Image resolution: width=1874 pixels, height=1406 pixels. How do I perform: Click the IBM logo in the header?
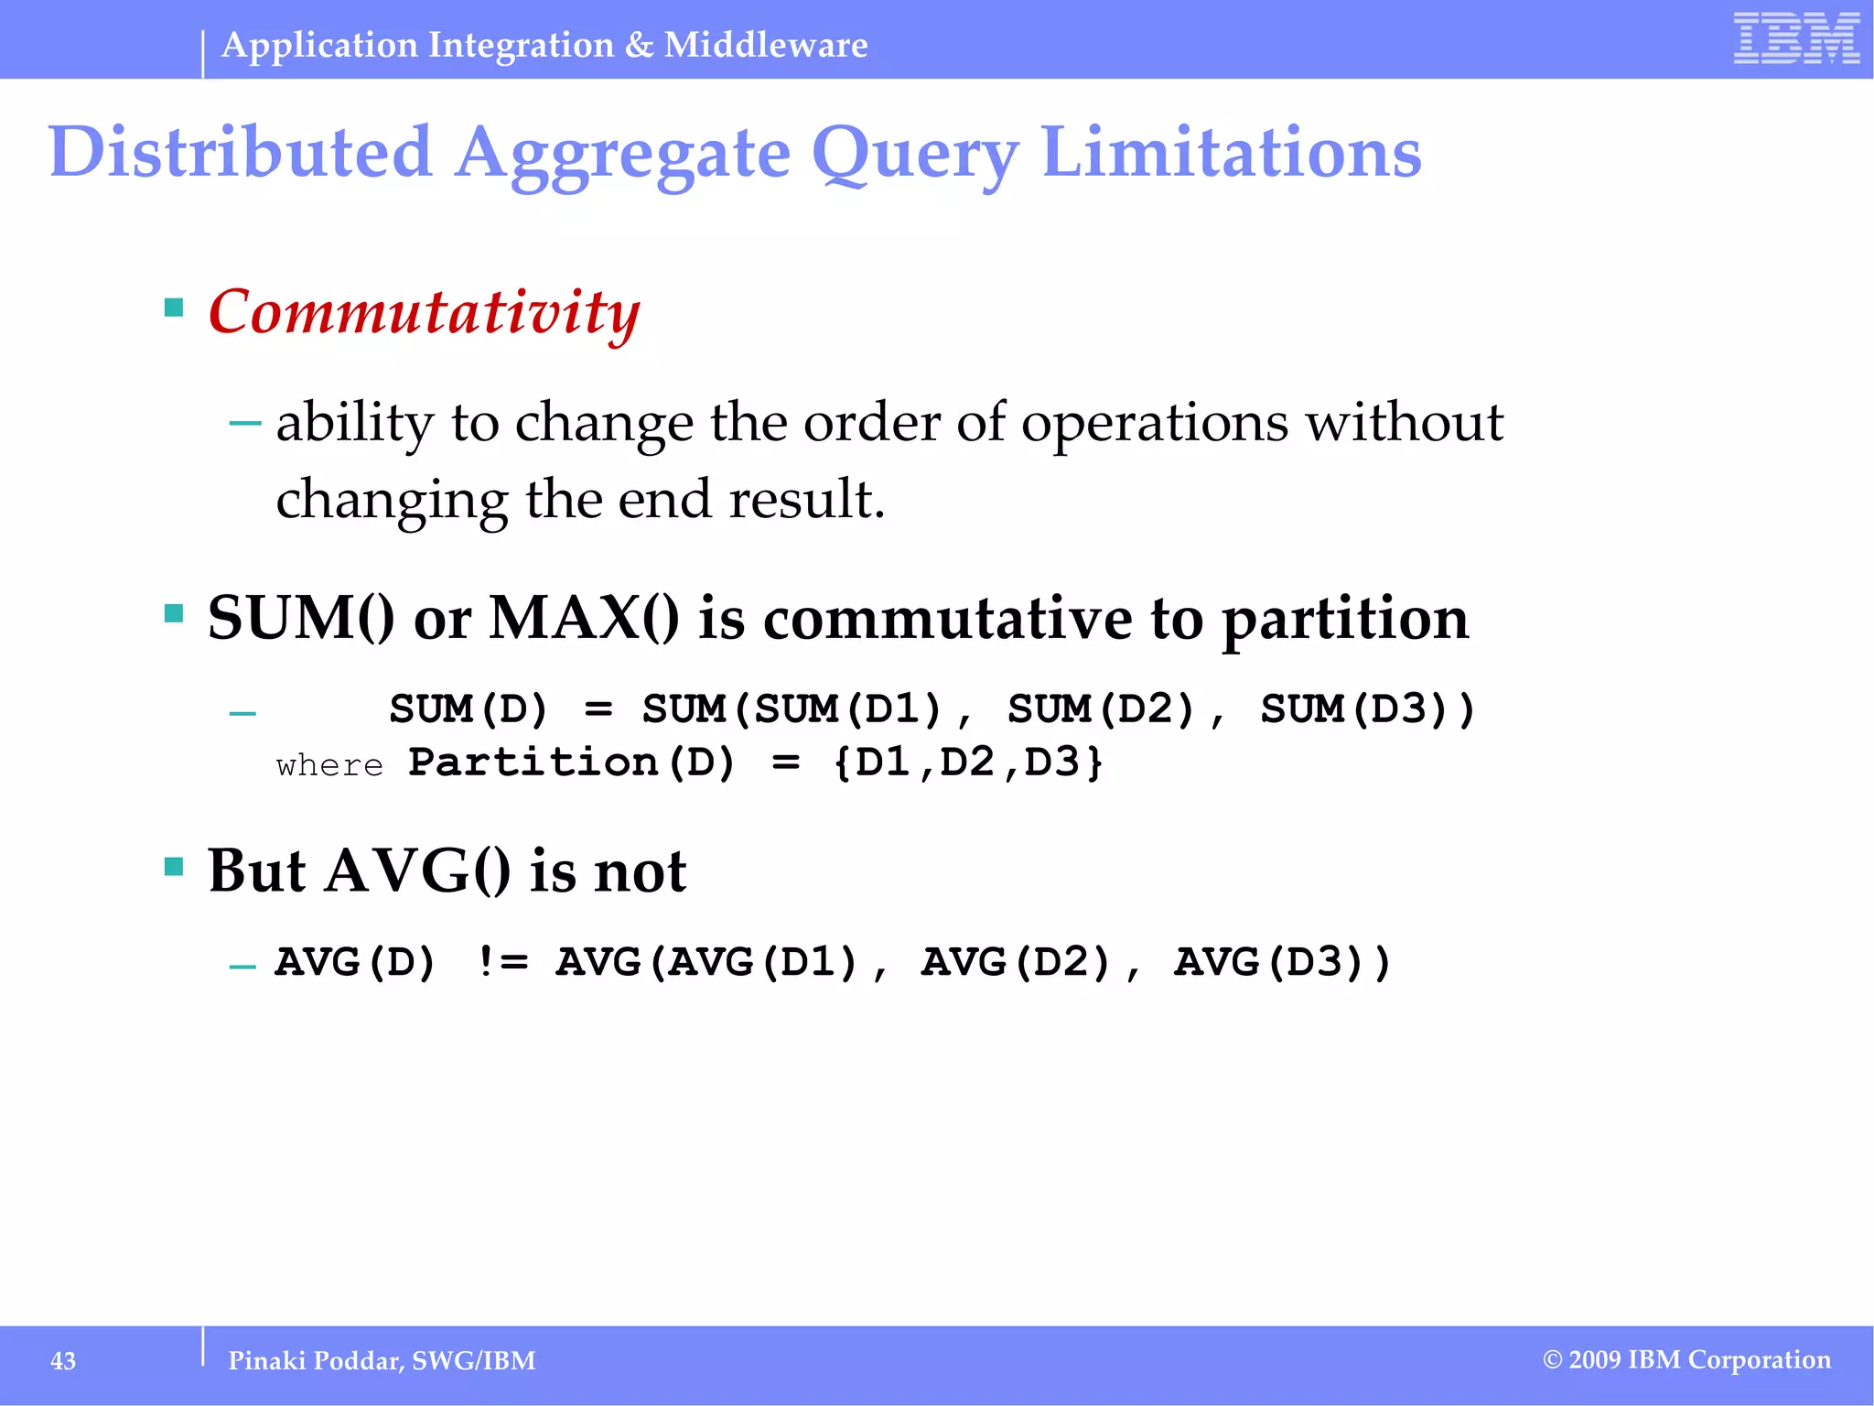tap(1796, 38)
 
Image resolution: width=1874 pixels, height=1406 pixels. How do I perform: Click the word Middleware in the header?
tap(766, 45)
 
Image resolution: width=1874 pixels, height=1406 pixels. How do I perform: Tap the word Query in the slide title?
tap(914, 154)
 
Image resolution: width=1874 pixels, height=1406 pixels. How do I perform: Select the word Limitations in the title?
tap(1231, 152)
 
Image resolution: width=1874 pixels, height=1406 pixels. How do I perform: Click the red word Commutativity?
tap(424, 312)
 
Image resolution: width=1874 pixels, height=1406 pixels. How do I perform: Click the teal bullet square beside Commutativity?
tap(174, 307)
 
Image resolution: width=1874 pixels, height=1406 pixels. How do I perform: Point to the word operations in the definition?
tap(1155, 423)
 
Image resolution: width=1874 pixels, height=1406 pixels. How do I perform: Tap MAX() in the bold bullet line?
tap(584, 618)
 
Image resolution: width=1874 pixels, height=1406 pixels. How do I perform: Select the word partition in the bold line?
tap(1345, 620)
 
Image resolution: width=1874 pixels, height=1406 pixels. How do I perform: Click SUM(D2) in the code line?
tap(1103, 709)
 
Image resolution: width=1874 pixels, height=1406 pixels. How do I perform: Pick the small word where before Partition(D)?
tap(329, 765)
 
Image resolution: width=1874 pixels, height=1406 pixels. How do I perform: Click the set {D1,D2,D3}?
tap(968, 762)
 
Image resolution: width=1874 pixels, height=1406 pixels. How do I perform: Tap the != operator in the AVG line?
tap(502, 962)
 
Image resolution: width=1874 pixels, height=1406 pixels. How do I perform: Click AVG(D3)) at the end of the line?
tap(1282, 962)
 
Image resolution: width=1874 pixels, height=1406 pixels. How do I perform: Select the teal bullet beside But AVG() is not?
tap(174, 866)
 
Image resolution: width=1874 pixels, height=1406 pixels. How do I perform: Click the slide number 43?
tap(63, 1361)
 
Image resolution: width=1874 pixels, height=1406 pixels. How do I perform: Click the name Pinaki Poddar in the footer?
tap(315, 1361)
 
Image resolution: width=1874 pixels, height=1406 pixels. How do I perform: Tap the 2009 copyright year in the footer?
tap(1595, 1360)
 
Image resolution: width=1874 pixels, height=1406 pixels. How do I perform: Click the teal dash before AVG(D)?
tap(242, 967)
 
